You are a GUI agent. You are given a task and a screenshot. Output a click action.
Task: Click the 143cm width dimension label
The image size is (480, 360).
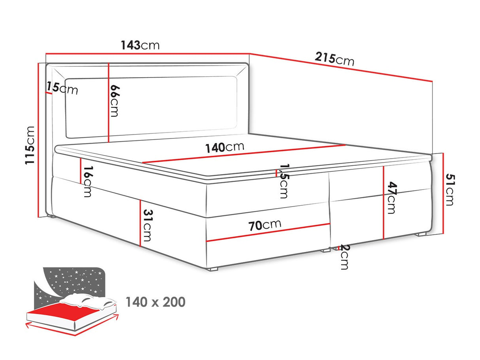click(x=140, y=45)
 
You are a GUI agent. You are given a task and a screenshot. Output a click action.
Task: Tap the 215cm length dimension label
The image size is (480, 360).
click(x=334, y=59)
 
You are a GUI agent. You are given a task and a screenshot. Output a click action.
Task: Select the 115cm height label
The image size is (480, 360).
click(x=30, y=145)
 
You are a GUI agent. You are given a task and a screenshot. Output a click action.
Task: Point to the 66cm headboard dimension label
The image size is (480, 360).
click(x=114, y=101)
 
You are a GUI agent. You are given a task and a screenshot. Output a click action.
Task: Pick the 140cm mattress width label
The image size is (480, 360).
click(x=225, y=147)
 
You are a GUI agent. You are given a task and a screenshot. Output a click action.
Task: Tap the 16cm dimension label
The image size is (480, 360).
click(x=88, y=182)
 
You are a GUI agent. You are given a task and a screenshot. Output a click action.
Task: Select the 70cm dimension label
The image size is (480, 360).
click(x=265, y=225)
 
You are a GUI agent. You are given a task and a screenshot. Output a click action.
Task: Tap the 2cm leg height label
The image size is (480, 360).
click(x=344, y=257)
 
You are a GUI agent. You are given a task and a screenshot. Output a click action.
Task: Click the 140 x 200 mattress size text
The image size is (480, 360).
click(x=155, y=302)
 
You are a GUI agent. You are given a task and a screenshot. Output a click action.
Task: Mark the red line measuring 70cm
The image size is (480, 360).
click(x=269, y=232)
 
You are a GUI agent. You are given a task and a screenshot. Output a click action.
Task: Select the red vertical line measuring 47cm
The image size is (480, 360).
click(x=383, y=203)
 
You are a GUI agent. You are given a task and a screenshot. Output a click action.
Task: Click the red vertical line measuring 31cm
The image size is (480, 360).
click(x=140, y=222)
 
